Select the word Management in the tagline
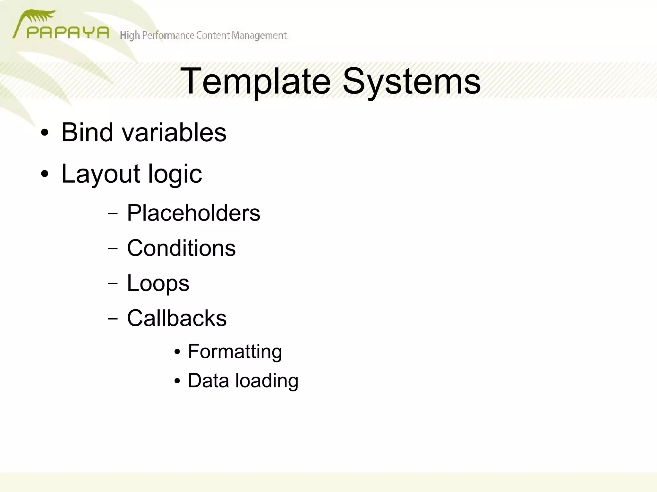[259, 36]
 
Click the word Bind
[87, 132]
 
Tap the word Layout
[100, 174]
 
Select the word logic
[175, 174]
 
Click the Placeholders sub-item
[193, 213]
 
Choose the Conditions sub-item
[181, 248]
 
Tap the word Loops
[158, 283]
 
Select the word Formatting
[235, 352]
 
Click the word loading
[267, 381]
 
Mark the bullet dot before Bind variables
[45, 133]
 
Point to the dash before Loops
[113, 284]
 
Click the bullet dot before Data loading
[177, 381]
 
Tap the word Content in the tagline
[213, 35]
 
